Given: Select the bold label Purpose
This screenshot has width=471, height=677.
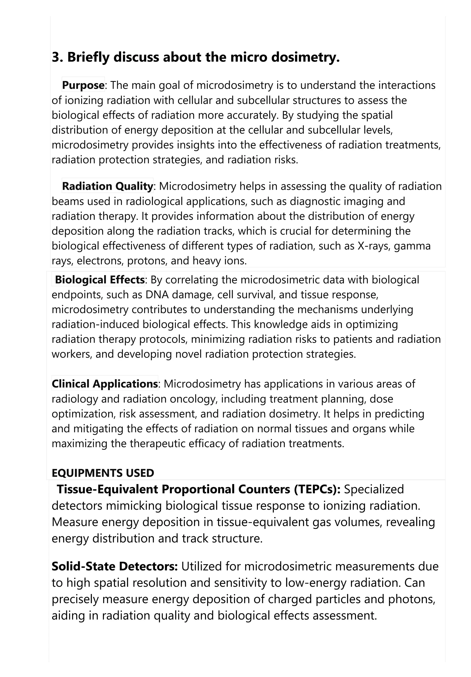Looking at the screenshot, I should tap(83, 85).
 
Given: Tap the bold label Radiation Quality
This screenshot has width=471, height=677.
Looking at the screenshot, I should tap(107, 186).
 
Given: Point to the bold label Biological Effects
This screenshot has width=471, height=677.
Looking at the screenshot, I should tap(100, 280).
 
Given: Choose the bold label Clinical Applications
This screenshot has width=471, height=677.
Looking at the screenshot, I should tap(105, 384).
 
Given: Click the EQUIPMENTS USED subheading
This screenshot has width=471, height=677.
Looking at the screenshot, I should tap(103, 473).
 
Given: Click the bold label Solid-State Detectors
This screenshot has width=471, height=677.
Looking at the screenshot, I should tap(115, 566).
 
